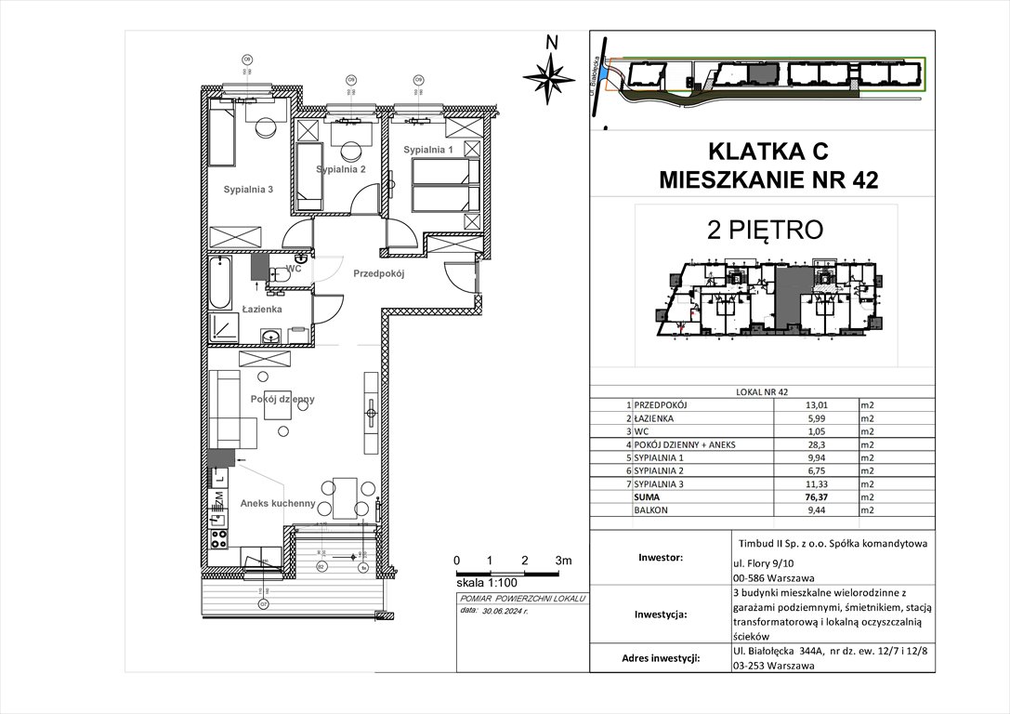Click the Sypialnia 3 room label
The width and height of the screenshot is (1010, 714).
tap(248, 189)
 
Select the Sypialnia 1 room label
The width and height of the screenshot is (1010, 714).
tap(428, 150)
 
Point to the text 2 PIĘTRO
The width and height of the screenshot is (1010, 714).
tap(765, 230)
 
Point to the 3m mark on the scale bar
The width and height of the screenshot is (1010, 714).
tap(563, 561)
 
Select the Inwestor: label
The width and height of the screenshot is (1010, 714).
tap(661, 559)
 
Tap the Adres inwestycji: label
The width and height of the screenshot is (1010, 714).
tap(661, 658)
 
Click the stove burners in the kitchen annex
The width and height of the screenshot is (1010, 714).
tap(219, 536)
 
